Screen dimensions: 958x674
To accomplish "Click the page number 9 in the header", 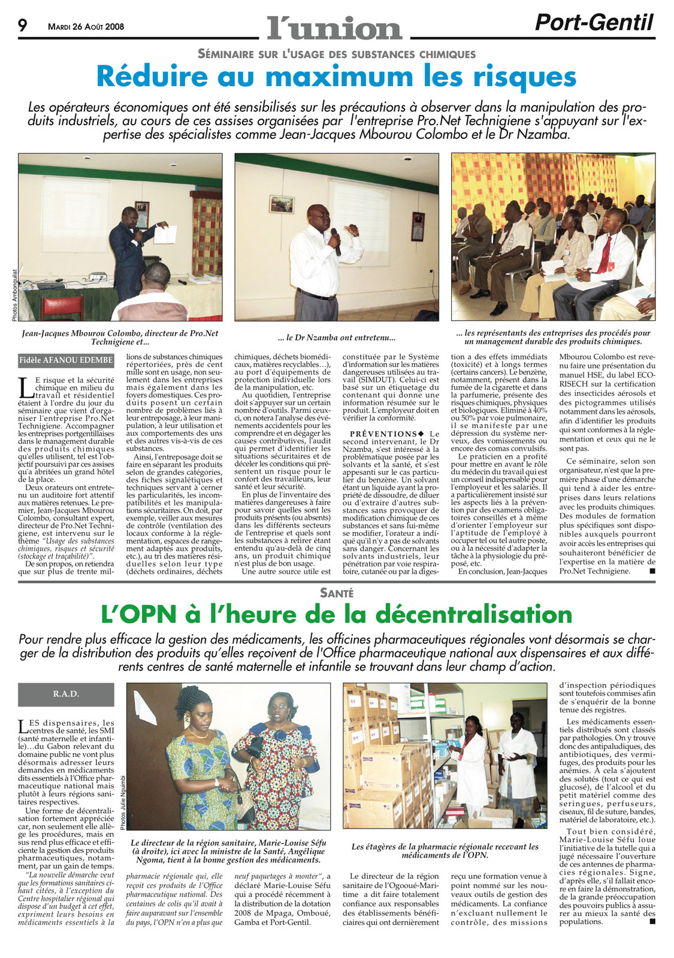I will click(23, 26).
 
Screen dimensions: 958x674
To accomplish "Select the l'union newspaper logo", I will click(334, 28).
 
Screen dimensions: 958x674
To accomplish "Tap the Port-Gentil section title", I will click(594, 23).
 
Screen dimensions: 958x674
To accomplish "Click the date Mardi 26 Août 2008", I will click(86, 27).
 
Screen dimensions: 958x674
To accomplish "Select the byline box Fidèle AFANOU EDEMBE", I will click(66, 360).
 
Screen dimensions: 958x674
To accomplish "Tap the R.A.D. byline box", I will click(66, 694).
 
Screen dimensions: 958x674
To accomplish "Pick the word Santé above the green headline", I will click(337, 593).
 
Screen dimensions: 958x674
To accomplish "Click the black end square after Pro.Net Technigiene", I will click(652, 571).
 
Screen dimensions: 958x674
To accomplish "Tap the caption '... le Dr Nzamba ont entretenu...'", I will click(337, 338).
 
